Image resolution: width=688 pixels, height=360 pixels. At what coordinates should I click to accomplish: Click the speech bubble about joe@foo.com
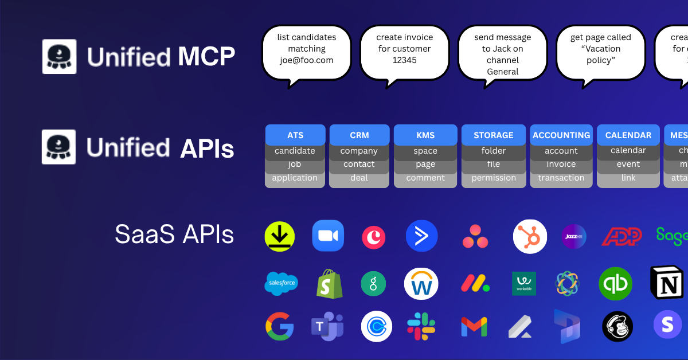pyautogui.click(x=306, y=53)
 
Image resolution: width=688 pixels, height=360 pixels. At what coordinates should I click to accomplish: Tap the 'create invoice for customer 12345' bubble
pyautogui.click(x=404, y=53)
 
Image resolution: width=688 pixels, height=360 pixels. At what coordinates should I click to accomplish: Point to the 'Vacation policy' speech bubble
pyautogui.click(x=600, y=53)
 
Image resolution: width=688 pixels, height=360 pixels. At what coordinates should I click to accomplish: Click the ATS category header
pyautogui.click(x=295, y=135)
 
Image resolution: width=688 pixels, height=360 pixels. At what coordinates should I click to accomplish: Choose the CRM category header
pyautogui.click(x=359, y=135)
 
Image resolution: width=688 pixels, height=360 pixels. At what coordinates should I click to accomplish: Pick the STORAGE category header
pyautogui.click(x=493, y=135)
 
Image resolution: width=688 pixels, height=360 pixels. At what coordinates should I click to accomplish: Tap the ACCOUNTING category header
pyautogui.click(x=561, y=135)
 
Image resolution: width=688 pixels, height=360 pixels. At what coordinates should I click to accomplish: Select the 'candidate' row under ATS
pyautogui.click(x=295, y=151)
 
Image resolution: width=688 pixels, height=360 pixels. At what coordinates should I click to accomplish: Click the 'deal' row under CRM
pyautogui.click(x=359, y=178)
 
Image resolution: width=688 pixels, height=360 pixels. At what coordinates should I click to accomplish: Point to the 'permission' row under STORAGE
pyautogui.click(x=493, y=178)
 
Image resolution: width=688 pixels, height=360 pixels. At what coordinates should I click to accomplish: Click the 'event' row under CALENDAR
pyautogui.click(x=628, y=164)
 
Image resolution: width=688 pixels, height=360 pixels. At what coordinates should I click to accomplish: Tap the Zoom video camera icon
pyautogui.click(x=328, y=236)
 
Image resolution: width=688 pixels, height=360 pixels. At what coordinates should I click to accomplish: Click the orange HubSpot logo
pyautogui.click(x=529, y=236)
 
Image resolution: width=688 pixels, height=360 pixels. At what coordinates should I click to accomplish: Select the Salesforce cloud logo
pyautogui.click(x=281, y=283)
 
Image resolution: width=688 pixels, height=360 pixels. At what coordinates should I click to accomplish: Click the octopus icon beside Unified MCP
pyautogui.click(x=59, y=56)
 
